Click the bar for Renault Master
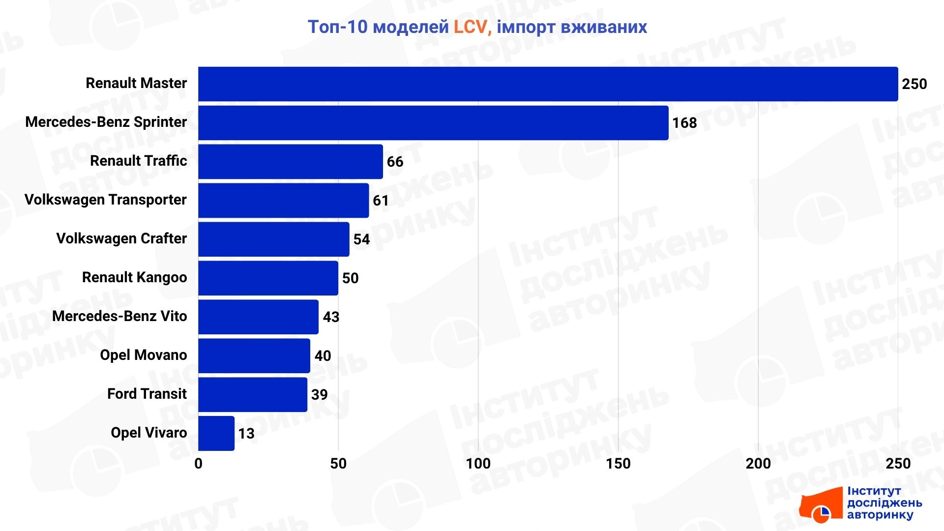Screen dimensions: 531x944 [548, 84]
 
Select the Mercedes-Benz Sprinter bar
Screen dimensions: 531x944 [433, 123]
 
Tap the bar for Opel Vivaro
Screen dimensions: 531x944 [216, 433]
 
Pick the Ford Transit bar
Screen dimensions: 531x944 [253, 394]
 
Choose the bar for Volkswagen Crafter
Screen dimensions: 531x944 [274, 239]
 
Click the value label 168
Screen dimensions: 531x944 [684, 123]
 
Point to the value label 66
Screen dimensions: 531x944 [395, 162]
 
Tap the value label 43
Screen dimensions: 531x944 [331, 317]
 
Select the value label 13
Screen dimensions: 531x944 [246, 433]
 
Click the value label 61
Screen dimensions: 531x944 [381, 201]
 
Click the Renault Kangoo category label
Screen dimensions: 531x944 [134, 278]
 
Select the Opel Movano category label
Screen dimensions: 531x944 [143, 355]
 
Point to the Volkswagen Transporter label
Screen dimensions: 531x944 [105, 200]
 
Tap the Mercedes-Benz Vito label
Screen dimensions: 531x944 [119, 316]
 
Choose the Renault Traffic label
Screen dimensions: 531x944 [138, 161]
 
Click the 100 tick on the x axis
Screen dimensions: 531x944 [478, 463]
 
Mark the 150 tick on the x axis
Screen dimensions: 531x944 [618, 463]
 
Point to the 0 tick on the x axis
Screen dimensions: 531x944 [198, 463]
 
